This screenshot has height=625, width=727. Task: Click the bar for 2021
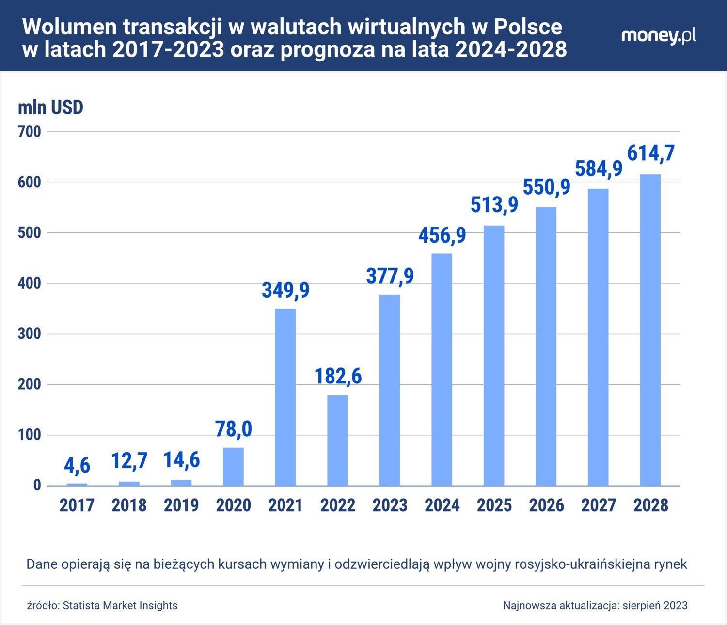pyautogui.click(x=285, y=397)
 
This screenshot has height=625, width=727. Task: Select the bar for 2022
pyautogui.click(x=337, y=440)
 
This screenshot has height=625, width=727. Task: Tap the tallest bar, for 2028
pyautogui.click(x=650, y=330)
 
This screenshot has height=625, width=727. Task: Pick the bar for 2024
pyautogui.click(x=442, y=369)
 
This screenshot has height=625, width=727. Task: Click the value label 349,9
pyautogui.click(x=285, y=290)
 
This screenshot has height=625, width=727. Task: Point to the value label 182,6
pyautogui.click(x=338, y=376)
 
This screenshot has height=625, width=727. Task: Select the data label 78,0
pyautogui.click(x=233, y=429)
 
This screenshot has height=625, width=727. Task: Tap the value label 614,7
pyautogui.click(x=651, y=153)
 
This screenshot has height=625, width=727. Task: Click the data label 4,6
pyautogui.click(x=77, y=466)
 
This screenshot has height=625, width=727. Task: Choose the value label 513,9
pyautogui.click(x=494, y=204)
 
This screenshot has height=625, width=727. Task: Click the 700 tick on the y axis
pyautogui.click(x=30, y=132)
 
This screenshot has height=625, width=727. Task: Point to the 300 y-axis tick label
pyautogui.click(x=30, y=334)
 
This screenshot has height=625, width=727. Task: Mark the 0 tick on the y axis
pyautogui.click(x=37, y=486)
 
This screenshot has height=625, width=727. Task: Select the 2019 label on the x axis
pyautogui.click(x=181, y=505)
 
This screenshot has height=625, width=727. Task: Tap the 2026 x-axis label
pyautogui.click(x=546, y=505)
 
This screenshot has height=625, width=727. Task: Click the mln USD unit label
pyautogui.click(x=50, y=107)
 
